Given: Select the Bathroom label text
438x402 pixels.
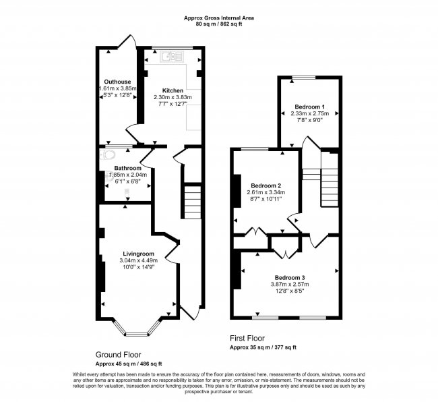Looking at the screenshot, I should click(x=127, y=168).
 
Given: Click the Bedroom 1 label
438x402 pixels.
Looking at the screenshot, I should click(x=310, y=107).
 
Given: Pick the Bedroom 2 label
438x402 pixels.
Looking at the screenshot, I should click(x=265, y=185).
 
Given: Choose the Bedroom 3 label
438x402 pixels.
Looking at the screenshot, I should click(x=290, y=277).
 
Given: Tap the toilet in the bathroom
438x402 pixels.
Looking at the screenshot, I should click(x=104, y=155).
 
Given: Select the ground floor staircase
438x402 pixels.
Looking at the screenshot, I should click(x=192, y=201).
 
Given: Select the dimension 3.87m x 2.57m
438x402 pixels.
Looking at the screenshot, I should click(x=290, y=285).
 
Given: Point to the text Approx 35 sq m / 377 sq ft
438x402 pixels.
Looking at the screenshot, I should click(x=263, y=347).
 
